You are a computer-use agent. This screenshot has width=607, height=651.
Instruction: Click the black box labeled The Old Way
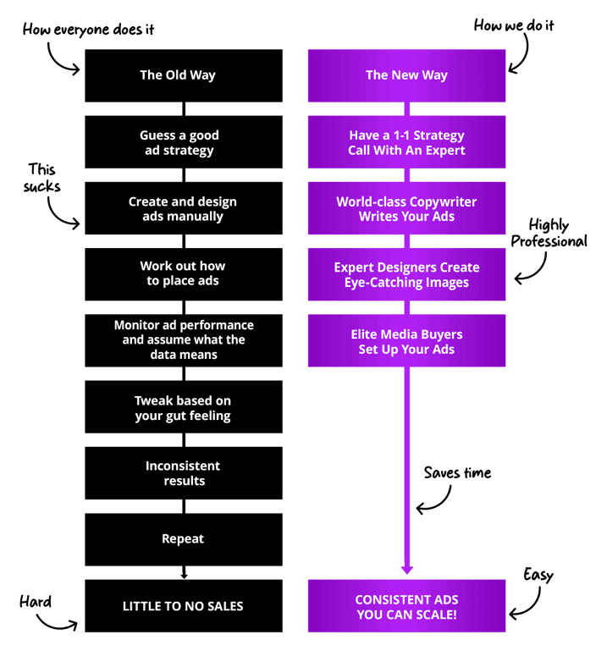tap(183, 75)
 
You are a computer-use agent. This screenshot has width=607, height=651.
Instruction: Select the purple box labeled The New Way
tap(406, 75)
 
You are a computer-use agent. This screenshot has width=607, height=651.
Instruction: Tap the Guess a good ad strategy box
tap(183, 142)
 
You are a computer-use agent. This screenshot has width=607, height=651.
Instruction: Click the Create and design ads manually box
tap(183, 208)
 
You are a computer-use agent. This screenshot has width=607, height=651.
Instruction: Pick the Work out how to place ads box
tap(183, 273)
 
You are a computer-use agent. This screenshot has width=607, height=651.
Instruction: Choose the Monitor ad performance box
tap(183, 339)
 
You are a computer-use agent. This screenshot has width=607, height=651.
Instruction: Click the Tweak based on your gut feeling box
tap(183, 407)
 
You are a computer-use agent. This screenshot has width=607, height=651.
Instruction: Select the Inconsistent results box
tap(183, 472)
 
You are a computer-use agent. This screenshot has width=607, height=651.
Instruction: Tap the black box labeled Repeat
tap(183, 538)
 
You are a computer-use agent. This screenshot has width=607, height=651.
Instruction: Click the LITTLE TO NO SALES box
tap(183, 606)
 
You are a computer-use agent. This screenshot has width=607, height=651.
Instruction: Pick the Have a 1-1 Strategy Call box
tap(406, 142)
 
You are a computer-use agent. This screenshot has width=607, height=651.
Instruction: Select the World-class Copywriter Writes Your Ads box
tap(406, 208)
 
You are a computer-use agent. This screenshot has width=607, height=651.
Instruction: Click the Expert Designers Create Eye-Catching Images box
tap(406, 274)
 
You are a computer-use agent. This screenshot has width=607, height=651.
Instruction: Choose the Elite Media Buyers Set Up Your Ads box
tap(406, 341)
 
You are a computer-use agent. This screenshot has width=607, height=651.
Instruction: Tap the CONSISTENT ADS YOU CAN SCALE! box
tap(406, 606)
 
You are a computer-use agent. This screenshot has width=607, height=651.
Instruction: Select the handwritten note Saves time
tap(458, 472)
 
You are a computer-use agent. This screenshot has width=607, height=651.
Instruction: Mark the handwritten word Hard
tap(36, 602)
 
